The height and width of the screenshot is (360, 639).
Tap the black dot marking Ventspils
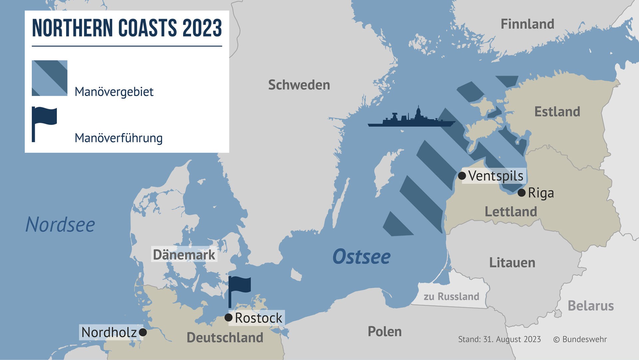click(x=462, y=176)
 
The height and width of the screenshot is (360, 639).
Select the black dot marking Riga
click(x=522, y=193)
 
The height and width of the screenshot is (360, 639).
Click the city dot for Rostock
click(x=228, y=317)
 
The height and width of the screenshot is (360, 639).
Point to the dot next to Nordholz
click(x=143, y=332)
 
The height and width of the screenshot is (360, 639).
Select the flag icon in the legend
click(x=44, y=123)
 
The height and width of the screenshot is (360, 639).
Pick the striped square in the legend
click(x=50, y=78)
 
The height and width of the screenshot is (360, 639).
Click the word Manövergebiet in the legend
click(x=114, y=92)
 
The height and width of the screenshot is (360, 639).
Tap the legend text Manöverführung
click(x=118, y=138)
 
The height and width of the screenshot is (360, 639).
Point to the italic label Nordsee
click(x=60, y=225)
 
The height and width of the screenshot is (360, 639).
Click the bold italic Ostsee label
click(x=361, y=257)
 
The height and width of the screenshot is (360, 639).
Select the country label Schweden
click(x=299, y=85)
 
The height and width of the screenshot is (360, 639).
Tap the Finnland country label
click(x=528, y=24)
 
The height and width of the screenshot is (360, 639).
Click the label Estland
click(x=557, y=112)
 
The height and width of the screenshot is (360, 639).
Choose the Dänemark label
click(x=184, y=255)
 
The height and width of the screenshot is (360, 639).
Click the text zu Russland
click(x=451, y=296)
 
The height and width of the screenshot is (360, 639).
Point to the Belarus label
click(x=591, y=306)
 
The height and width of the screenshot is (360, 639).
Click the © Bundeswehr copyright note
click(x=580, y=339)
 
